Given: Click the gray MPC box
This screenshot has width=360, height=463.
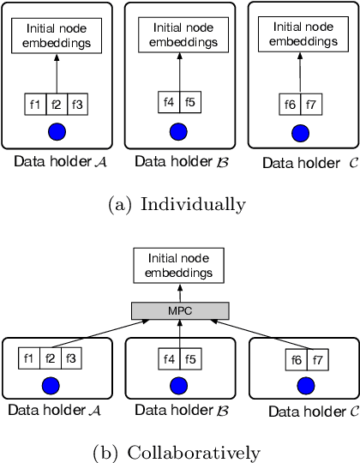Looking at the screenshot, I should (x=179, y=310).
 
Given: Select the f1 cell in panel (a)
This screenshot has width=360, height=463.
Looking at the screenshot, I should (x=35, y=105).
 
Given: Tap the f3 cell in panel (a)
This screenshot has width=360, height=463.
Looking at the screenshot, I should (x=77, y=105).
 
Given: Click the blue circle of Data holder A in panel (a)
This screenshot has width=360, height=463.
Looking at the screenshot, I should (x=56, y=133).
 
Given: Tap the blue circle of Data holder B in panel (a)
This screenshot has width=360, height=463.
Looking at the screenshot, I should (x=178, y=131).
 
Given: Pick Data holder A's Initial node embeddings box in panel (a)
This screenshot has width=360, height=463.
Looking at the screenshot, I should (x=56, y=37).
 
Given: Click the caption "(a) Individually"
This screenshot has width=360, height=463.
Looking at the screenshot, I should (x=179, y=204).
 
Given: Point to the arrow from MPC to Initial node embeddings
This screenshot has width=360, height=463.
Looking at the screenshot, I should (x=179, y=293).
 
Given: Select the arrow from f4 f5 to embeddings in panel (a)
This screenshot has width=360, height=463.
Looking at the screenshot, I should (x=178, y=73).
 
